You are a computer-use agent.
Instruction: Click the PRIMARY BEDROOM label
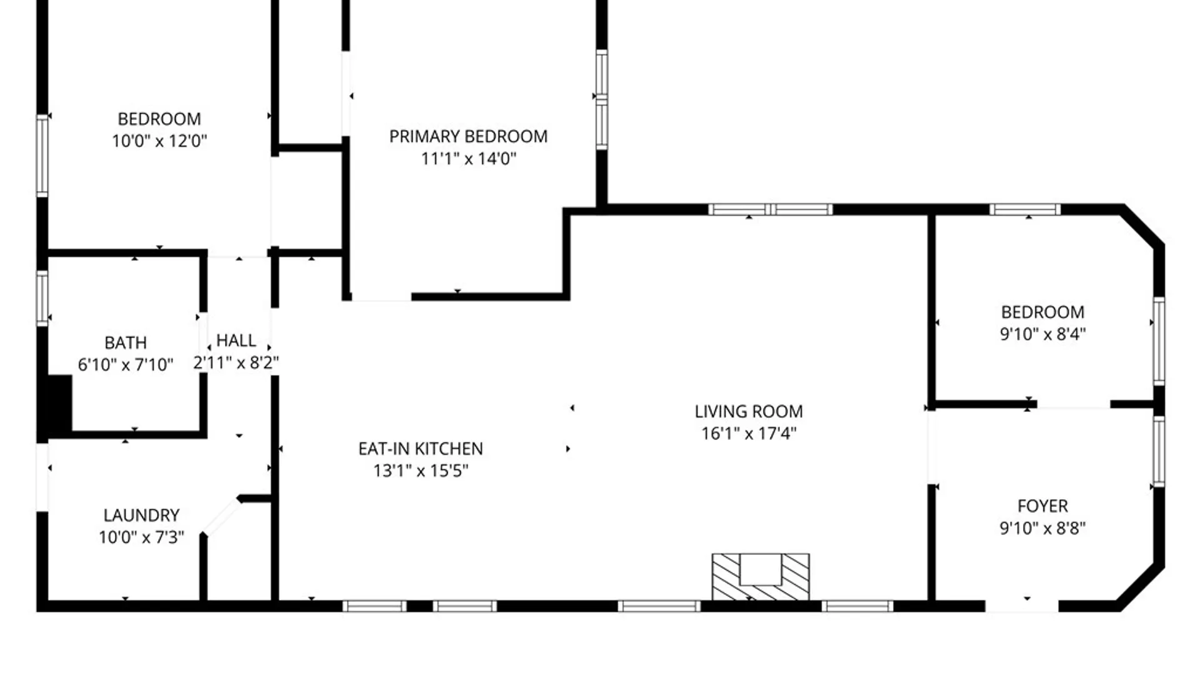click(x=468, y=136)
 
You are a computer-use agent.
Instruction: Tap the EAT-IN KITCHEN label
click(x=421, y=449)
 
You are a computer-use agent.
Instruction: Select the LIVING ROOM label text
click(x=749, y=411)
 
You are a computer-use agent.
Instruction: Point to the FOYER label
click(x=1042, y=506)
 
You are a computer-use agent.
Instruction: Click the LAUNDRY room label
click(x=141, y=515)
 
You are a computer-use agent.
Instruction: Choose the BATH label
click(x=126, y=342)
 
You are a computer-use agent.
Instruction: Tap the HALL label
click(x=236, y=341)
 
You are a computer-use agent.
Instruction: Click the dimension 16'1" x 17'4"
click(x=749, y=433)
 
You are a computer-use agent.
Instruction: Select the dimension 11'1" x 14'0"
click(x=469, y=158)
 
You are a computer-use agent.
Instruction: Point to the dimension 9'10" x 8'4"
click(x=1042, y=334)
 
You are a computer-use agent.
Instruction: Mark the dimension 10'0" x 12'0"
click(x=159, y=141)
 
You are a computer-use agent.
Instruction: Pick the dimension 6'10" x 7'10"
click(x=126, y=364)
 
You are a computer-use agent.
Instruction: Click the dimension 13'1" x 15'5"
click(x=421, y=471)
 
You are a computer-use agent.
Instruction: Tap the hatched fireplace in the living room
click(x=761, y=577)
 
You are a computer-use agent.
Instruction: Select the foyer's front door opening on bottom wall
click(x=1022, y=606)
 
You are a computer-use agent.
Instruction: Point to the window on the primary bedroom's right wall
click(x=601, y=100)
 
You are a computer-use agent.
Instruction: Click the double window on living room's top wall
click(x=770, y=209)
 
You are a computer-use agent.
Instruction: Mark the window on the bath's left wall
click(x=42, y=298)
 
